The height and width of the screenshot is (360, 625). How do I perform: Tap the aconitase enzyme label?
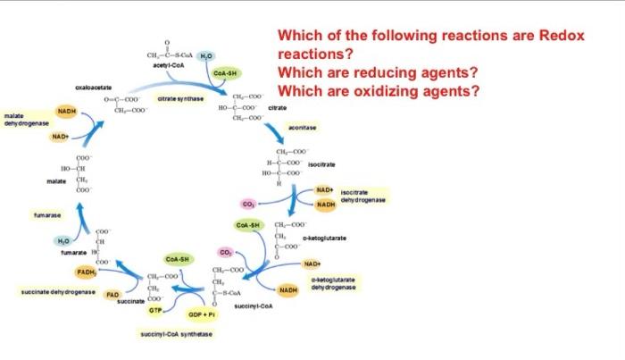coord(313,128)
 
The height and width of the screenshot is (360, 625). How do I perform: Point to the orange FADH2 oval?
coord(87,271)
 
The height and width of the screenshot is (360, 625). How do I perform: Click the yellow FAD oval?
coord(113,293)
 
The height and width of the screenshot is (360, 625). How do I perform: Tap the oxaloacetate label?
coord(94,88)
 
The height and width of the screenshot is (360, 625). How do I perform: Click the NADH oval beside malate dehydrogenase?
coord(67,111)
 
